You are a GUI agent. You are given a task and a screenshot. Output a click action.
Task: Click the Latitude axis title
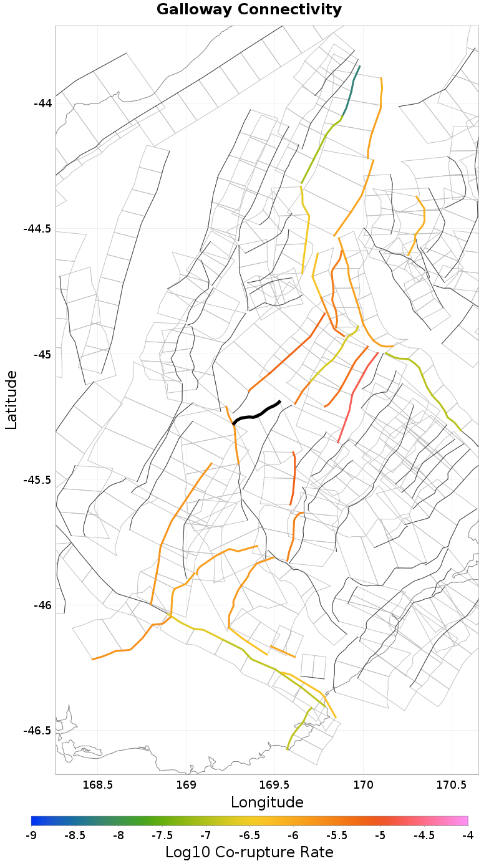point(11,400)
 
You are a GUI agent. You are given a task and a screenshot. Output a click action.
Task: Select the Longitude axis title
point(267,802)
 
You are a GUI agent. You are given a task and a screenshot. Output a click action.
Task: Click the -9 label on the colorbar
point(31,836)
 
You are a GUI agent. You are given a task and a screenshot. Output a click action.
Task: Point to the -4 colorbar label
point(468,836)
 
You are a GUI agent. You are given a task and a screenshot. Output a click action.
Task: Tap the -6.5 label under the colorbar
point(249,836)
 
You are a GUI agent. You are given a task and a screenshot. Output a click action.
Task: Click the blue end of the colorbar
point(34,820)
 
